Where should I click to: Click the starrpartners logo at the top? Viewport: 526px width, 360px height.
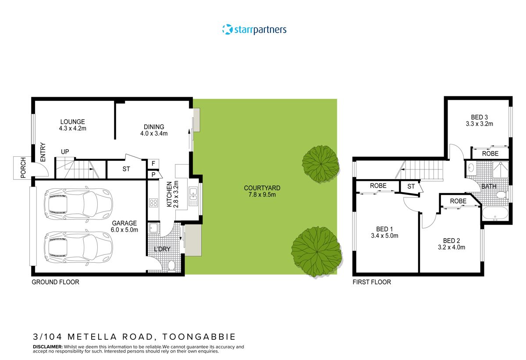(x=254, y=30)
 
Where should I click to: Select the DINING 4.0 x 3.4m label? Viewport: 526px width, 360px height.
(x=153, y=130)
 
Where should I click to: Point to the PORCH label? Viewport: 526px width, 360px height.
(x=23, y=168)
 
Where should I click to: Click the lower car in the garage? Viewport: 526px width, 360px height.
(x=78, y=247)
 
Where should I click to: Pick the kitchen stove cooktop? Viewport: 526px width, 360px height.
(x=154, y=202)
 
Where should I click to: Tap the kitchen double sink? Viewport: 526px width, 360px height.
(x=193, y=197)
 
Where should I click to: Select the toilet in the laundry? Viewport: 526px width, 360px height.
(x=172, y=265)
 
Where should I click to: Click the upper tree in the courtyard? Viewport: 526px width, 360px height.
(x=320, y=164)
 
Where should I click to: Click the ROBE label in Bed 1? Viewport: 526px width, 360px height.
(x=378, y=186)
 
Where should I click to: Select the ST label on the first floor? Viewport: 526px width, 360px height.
(x=411, y=187)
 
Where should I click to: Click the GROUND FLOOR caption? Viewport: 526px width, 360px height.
(x=55, y=282)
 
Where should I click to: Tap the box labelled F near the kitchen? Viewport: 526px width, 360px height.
(x=153, y=164)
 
